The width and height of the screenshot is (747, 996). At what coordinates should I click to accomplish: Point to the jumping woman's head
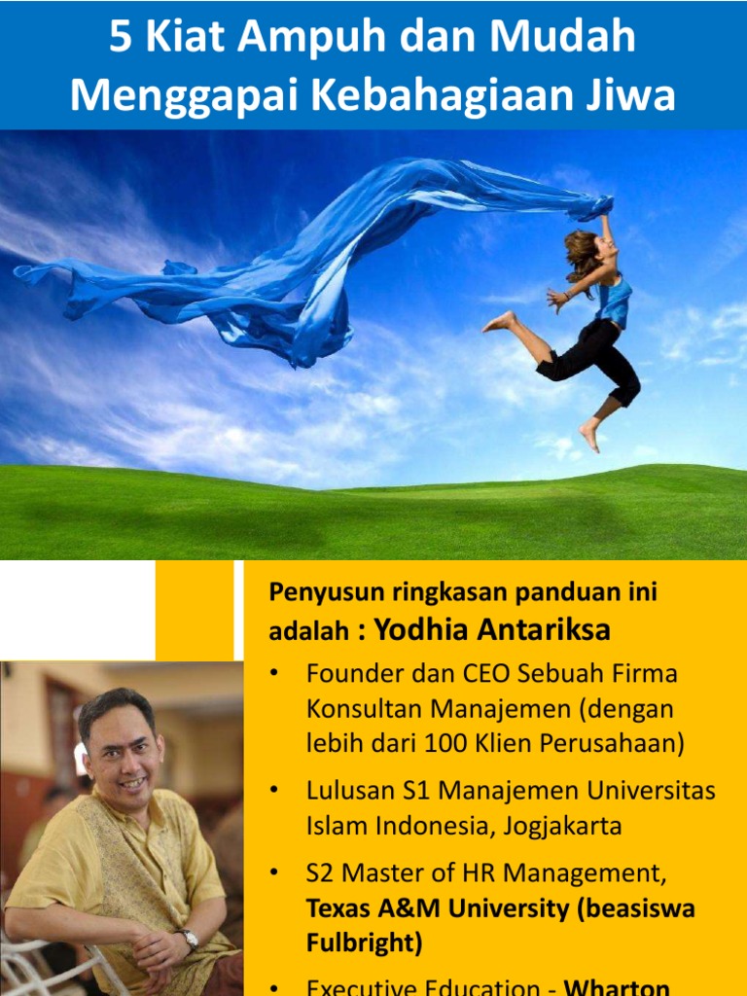tap(586, 248)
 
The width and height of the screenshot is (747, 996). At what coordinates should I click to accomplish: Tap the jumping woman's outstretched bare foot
tap(499, 322)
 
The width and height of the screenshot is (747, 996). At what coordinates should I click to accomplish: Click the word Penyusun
tap(320, 592)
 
